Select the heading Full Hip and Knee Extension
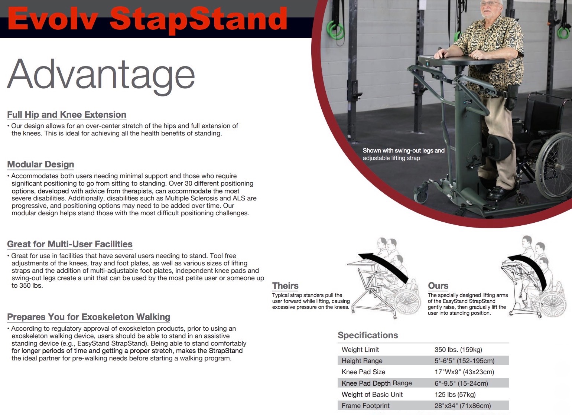[66, 115]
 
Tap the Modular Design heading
[40, 164]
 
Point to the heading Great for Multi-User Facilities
[70, 244]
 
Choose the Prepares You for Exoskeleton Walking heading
[89, 317]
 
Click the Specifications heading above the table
[368, 335]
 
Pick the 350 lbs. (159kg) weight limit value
[458, 350]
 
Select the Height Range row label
[362, 361]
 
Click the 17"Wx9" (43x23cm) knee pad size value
[464, 372]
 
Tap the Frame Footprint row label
[365, 406]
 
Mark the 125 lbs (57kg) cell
[455, 395]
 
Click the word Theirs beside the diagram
[285, 285]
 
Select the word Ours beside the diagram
[438, 285]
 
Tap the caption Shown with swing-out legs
[403, 151]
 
